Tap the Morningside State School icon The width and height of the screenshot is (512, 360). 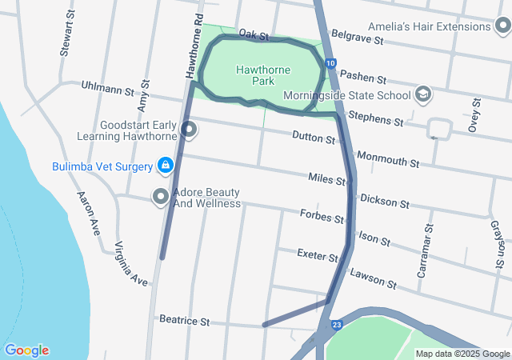[422, 95]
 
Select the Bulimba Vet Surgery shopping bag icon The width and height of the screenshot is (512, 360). [165, 166]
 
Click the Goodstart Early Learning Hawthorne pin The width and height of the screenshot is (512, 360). [189, 129]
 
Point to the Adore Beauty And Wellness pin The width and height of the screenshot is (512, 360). [161, 196]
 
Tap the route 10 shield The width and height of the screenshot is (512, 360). [330, 63]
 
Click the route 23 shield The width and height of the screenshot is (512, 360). [337, 325]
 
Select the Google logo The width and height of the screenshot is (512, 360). [26, 350]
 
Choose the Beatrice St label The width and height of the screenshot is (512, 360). [183, 321]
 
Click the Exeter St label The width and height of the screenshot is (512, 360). [318, 255]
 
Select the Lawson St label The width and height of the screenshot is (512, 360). [373, 278]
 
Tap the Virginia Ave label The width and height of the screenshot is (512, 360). [131, 263]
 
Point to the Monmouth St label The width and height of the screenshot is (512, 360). [389, 158]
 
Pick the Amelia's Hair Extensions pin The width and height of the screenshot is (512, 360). [501, 26]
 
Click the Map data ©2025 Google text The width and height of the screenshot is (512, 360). [462, 354]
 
